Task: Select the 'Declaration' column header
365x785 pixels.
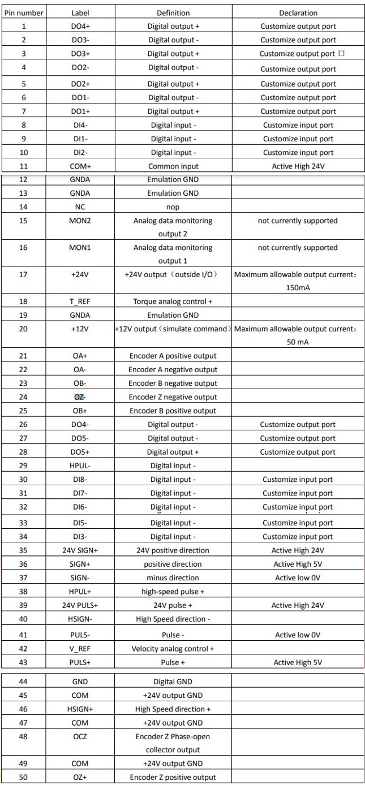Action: click(x=298, y=12)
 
